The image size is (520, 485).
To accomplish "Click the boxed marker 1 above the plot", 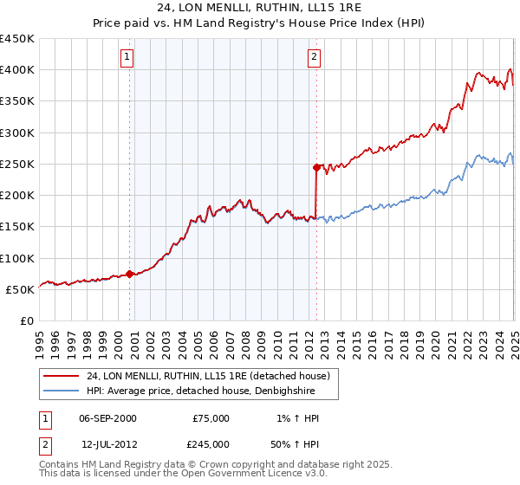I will (127, 58).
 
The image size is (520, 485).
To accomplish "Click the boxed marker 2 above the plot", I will (313, 58).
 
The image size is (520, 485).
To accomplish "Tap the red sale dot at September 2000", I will (130, 274).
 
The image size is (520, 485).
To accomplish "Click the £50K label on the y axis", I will (20, 290).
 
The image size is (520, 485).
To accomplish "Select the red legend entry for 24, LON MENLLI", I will (208, 377).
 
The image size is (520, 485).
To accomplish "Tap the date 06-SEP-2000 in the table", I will (107, 418).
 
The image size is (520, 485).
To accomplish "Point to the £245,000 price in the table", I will (211, 443).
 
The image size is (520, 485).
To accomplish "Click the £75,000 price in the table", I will (211, 418).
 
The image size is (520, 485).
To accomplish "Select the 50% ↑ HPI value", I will (296, 443).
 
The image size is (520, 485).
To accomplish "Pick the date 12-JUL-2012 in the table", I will (107, 443).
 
